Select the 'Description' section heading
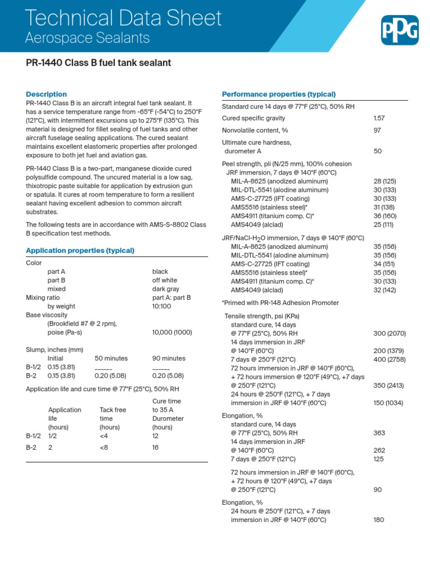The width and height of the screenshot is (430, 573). coord(46,94)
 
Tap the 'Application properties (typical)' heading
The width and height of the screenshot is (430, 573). coord(80,250)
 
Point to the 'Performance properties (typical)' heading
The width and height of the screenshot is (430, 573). coord(279,94)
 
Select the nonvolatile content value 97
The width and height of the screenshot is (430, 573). coord(377,130)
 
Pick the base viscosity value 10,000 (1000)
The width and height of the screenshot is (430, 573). coord(172,332)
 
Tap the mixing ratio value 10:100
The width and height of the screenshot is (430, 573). coord(161,306)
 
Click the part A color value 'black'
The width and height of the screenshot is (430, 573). coord(160,271)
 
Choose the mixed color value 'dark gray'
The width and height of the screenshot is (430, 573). coord(166,289)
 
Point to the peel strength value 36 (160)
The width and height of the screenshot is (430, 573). coord(385,216)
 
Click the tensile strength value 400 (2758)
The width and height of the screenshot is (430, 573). coord(389,359)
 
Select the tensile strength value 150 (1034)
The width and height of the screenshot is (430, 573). coord(389,402)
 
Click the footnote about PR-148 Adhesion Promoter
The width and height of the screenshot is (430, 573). coord(280,303)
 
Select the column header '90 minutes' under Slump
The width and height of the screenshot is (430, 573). coord(169,358)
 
